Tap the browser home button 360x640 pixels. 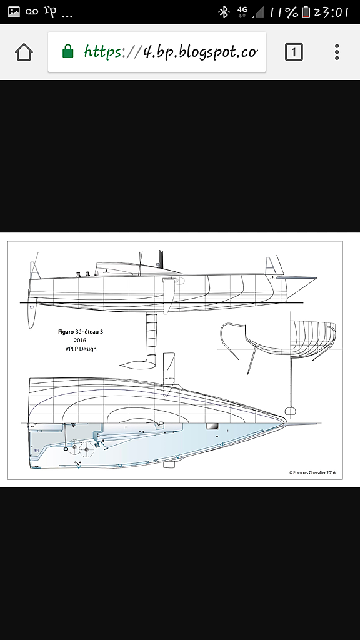click(x=24, y=52)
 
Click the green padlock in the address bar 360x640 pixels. click(x=67, y=51)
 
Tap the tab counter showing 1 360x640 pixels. click(x=294, y=52)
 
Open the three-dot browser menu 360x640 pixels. click(x=337, y=52)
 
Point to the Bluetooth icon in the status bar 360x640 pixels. click(x=224, y=12)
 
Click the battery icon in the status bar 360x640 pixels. click(x=306, y=12)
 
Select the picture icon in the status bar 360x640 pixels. click(x=14, y=12)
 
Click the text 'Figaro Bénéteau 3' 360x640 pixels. click(x=81, y=332)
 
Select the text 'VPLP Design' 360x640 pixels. click(x=81, y=349)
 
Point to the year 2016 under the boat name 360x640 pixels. click(x=81, y=341)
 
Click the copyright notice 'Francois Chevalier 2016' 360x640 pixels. click(x=312, y=472)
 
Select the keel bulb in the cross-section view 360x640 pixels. click(x=290, y=411)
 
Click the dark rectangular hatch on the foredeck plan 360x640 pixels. click(x=212, y=426)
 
